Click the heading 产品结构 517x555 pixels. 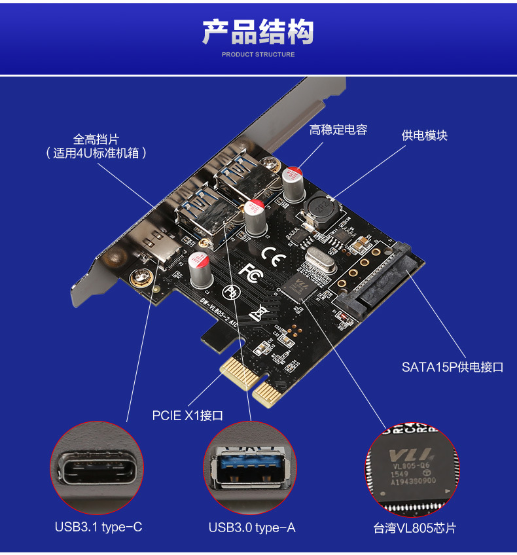tap(258, 31)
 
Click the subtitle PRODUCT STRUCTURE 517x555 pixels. tap(258, 54)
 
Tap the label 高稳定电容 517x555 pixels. tap(338, 130)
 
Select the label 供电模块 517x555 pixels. tap(424, 135)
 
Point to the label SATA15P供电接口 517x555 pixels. tap(452, 367)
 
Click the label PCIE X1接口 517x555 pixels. tap(188, 415)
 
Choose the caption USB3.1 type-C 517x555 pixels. tap(98, 527)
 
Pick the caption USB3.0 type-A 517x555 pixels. tap(252, 527)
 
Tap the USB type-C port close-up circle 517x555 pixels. tap(98, 468)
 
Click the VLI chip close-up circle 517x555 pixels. tap(412, 468)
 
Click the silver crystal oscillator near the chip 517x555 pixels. tap(319, 261)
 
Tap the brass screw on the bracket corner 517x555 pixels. tap(139, 279)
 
